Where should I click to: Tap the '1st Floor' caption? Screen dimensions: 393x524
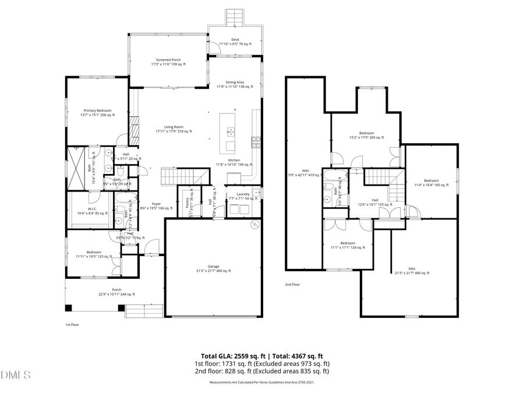(x=71, y=324)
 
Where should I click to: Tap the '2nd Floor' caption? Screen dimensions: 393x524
(x=292, y=285)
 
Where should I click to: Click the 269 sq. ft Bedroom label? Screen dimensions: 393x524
(x=366, y=135)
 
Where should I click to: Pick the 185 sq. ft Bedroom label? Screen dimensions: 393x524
(x=431, y=182)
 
